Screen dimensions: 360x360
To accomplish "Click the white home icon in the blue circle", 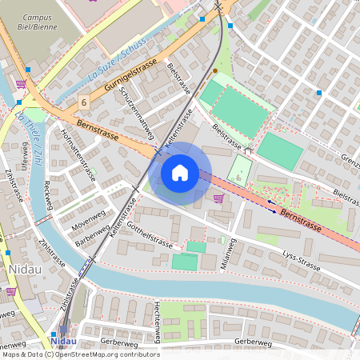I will [180, 172].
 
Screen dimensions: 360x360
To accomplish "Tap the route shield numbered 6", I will [84, 103].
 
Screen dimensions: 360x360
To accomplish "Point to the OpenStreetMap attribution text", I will [82, 354].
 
